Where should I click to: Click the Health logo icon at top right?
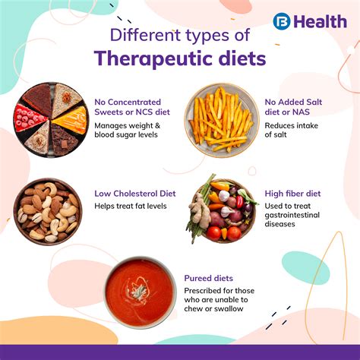[282, 21]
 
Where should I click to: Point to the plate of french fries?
[223, 120]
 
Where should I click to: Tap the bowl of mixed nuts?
[47, 210]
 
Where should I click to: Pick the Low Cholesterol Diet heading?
[135, 194]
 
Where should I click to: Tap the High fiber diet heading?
[294, 194]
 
